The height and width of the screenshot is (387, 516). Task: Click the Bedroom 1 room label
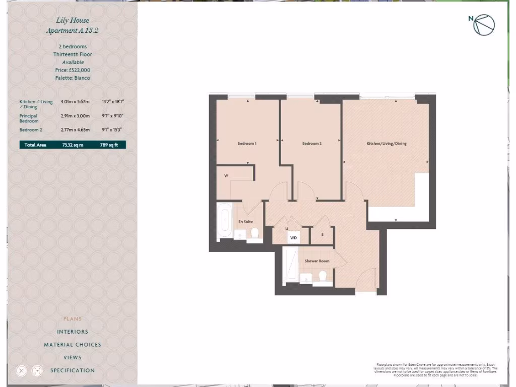[x=247, y=144]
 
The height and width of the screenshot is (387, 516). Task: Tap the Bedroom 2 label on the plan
[x=311, y=144]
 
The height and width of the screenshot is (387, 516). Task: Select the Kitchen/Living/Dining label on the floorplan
[x=386, y=144]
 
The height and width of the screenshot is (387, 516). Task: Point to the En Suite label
[x=245, y=222]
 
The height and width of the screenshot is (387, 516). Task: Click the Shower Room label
[x=316, y=261]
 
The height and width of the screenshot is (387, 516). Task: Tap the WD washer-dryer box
[x=293, y=237]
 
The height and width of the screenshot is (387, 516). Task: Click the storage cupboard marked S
[x=322, y=235]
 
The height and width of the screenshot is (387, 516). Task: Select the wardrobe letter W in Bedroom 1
[x=226, y=175]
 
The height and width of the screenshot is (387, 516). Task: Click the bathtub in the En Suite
[x=224, y=222]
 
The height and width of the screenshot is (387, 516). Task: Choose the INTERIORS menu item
[x=73, y=332]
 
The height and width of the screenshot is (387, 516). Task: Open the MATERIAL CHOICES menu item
[x=73, y=345]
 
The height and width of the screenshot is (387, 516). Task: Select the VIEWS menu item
[x=73, y=357]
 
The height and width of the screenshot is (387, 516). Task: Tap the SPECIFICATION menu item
[x=73, y=370]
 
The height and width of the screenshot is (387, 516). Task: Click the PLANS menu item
[x=73, y=318]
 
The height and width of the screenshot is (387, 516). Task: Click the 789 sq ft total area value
[x=109, y=145]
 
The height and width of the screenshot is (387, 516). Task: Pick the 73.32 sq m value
[x=73, y=145]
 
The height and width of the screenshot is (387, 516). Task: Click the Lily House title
[x=73, y=20]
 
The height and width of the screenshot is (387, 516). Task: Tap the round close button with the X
[x=21, y=370]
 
